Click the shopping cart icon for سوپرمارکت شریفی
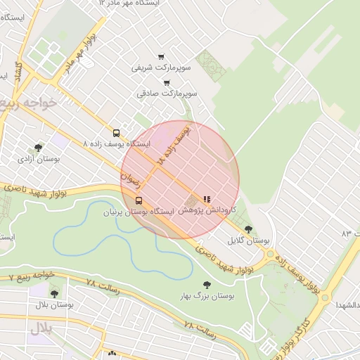coord(161,57)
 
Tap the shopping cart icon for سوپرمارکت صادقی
coord(167,82)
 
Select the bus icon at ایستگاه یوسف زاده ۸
coord(116,132)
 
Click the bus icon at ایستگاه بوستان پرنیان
coord(138,200)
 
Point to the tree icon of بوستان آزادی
coord(37,148)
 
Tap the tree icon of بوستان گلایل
coord(248,229)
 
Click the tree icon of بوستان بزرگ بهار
coord(206,285)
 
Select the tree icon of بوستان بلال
coord(54,294)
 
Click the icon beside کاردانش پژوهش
coord(207,200)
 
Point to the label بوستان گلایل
coord(249,240)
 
